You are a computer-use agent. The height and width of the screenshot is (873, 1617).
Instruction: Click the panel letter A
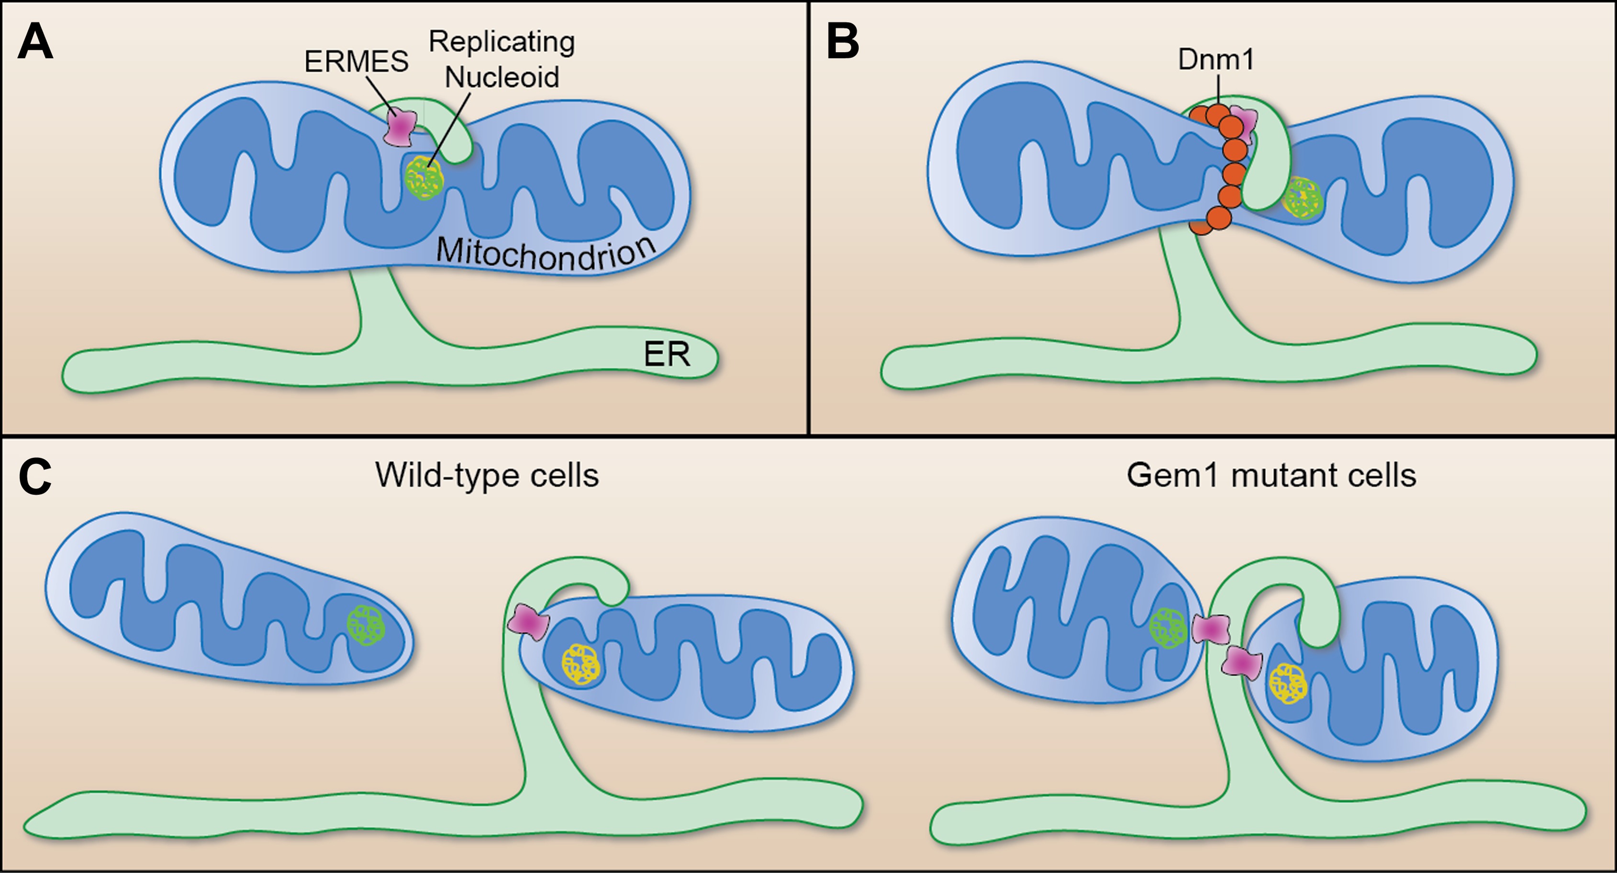(35, 43)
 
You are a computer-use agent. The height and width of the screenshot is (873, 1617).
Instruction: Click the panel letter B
(842, 43)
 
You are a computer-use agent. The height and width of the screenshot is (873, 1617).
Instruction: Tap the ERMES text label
(356, 62)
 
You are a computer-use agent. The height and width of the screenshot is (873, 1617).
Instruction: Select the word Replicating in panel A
(502, 42)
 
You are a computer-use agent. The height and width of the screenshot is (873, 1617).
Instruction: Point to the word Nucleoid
(502, 77)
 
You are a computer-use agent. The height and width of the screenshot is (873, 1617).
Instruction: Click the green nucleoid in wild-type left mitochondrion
(366, 624)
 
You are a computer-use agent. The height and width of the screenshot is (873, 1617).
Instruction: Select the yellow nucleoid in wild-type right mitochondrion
(580, 664)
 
